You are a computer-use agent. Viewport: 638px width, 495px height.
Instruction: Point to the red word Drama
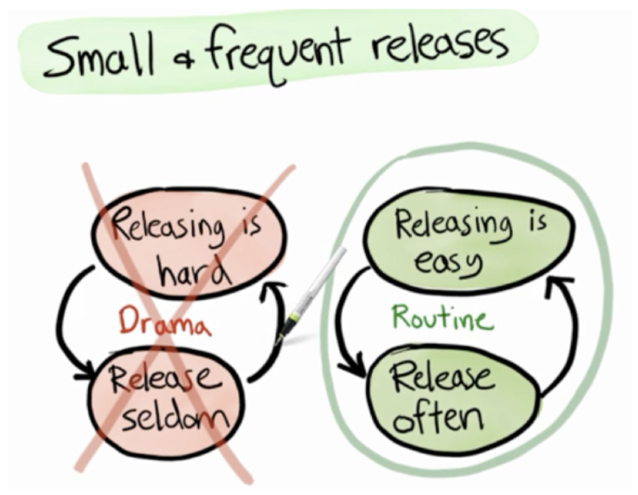point(165,325)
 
